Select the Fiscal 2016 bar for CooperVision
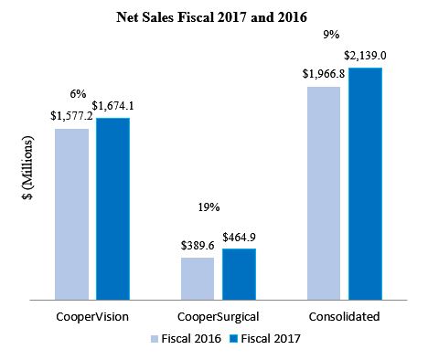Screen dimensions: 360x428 [x=71, y=213]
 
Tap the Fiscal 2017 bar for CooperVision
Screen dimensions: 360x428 [x=112, y=207]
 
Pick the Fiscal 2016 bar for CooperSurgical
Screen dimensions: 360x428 [x=197, y=278]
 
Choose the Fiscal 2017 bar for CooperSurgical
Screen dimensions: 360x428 [x=239, y=273]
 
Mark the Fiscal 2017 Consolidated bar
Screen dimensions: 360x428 [x=365, y=183]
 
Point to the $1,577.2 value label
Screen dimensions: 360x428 [x=70, y=118]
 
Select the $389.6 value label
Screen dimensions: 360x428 [x=197, y=247]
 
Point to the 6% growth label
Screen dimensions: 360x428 [x=79, y=93]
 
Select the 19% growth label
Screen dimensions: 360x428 [x=209, y=207]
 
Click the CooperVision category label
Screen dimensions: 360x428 [x=91, y=316]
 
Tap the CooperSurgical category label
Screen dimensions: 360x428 [x=218, y=316]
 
